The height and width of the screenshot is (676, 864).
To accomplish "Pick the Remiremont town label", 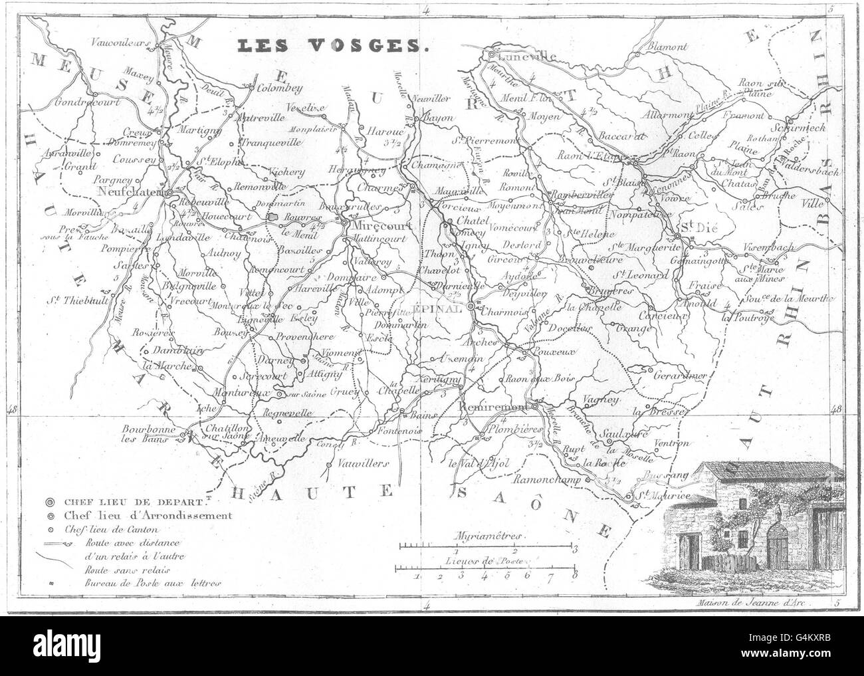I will pyautogui.click(x=494, y=406).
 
